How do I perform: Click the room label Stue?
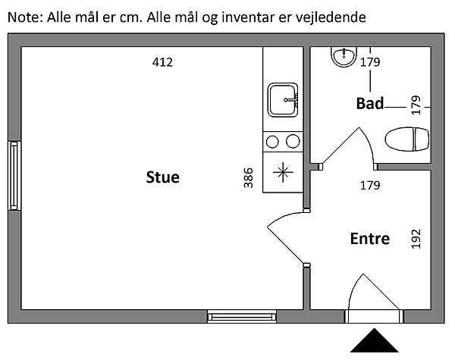pyautogui.click(x=163, y=178)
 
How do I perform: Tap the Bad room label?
pyautogui.click(x=370, y=104)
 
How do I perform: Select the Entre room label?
pyautogui.click(x=369, y=239)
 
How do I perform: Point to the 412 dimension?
pyautogui.click(x=163, y=62)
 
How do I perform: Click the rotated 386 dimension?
pyautogui.click(x=248, y=177)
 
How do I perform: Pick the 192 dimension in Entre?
pyautogui.click(x=415, y=239)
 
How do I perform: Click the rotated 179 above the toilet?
pyautogui.click(x=415, y=104)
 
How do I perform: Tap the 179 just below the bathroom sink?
pyautogui.click(x=369, y=63)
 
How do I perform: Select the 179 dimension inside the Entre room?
pyautogui.click(x=369, y=184)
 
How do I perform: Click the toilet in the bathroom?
pyautogui.click(x=407, y=140)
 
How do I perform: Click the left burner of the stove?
pyautogui.click(x=273, y=140)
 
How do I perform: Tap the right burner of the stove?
pyautogui.click(x=291, y=140)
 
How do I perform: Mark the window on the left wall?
pyautogui.click(x=13, y=175)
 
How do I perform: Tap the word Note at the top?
pyautogui.click(x=24, y=17)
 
